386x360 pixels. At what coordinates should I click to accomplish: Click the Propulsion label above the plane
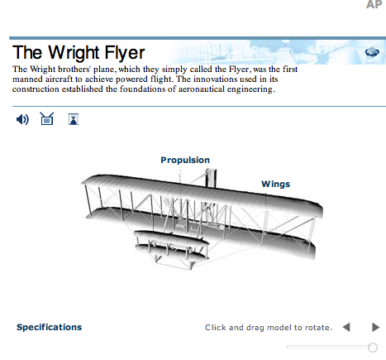(185, 161)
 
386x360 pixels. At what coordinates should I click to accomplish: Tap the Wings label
(276, 184)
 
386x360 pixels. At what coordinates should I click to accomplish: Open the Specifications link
(50, 327)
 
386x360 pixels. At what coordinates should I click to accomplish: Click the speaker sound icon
(22, 119)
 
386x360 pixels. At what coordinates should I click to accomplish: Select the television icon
(47, 118)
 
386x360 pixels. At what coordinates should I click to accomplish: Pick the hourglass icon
(74, 119)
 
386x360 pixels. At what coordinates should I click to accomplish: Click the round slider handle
(373, 348)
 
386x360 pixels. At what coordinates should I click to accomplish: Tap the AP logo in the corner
(374, 4)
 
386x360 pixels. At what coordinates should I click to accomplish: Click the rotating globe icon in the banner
(372, 52)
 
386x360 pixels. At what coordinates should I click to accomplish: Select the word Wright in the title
(70, 53)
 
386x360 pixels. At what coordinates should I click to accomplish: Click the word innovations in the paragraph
(215, 79)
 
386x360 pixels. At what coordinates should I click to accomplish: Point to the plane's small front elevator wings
(171, 245)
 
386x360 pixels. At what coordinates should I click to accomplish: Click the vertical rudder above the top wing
(211, 178)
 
